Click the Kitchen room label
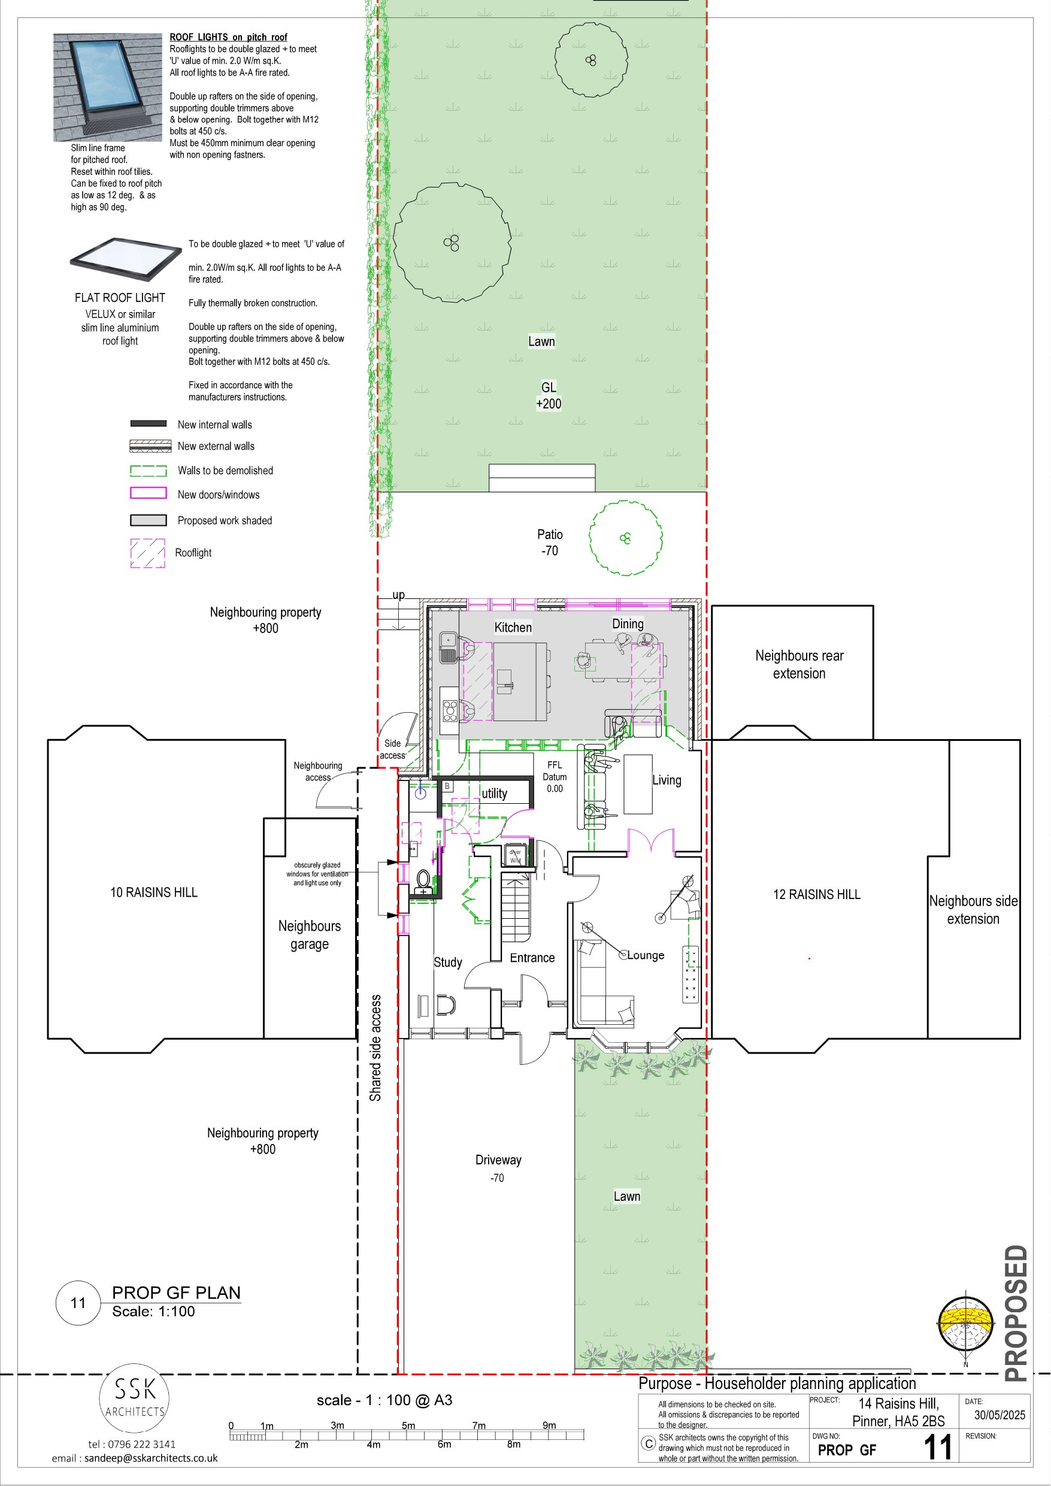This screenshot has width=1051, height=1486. point(513,627)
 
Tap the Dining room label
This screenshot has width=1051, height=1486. point(628,624)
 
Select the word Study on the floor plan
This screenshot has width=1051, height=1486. point(448,963)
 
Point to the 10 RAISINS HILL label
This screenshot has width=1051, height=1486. point(154,892)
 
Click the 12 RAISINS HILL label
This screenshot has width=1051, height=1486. point(817,894)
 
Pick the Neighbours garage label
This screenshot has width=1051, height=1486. point(310,934)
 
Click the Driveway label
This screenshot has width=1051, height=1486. point(498,1160)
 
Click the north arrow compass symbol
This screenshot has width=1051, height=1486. point(965,1325)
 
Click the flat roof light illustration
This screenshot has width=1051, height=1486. point(126,259)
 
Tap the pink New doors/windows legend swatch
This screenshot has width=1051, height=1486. point(148,493)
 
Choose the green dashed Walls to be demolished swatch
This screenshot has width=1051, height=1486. point(148,471)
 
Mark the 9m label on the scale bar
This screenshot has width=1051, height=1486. point(549,1425)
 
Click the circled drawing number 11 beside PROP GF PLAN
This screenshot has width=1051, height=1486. point(78,1303)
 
